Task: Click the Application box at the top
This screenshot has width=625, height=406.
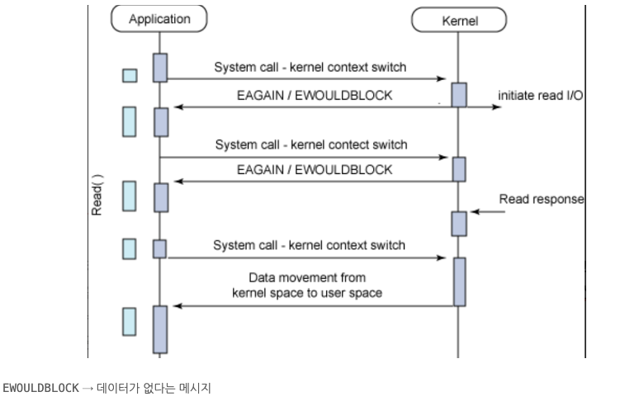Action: click(159, 18)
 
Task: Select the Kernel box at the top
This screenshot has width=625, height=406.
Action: click(458, 21)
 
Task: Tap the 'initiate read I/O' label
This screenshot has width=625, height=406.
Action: click(541, 96)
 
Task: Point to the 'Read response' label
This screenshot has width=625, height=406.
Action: click(542, 200)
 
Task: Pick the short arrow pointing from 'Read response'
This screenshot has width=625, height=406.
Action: click(485, 213)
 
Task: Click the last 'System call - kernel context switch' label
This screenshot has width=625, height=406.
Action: click(310, 245)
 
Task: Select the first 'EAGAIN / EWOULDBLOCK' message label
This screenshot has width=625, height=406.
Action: click(314, 96)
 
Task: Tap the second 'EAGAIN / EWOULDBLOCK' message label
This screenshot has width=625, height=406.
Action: click(314, 169)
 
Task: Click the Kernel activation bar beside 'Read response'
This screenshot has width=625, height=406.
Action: click(458, 223)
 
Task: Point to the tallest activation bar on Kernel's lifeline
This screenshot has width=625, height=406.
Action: click(458, 280)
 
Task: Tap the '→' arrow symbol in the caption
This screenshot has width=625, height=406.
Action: click(88, 387)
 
